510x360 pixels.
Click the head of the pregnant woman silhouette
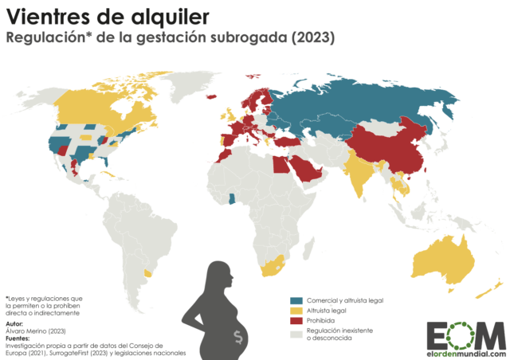coord(220,274)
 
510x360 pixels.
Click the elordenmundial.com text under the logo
coord(466,353)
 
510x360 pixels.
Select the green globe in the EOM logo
coord(466,334)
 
